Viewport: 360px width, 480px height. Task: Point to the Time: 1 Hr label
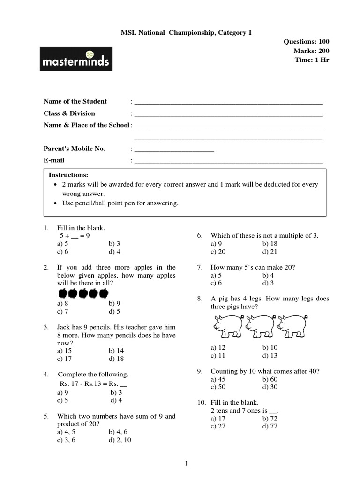312,60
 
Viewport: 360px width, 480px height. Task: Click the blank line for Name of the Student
228,102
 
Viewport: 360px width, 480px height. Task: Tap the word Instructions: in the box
68,175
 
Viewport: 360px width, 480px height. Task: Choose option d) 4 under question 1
114,252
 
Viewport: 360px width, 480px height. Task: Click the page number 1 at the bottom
186,464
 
